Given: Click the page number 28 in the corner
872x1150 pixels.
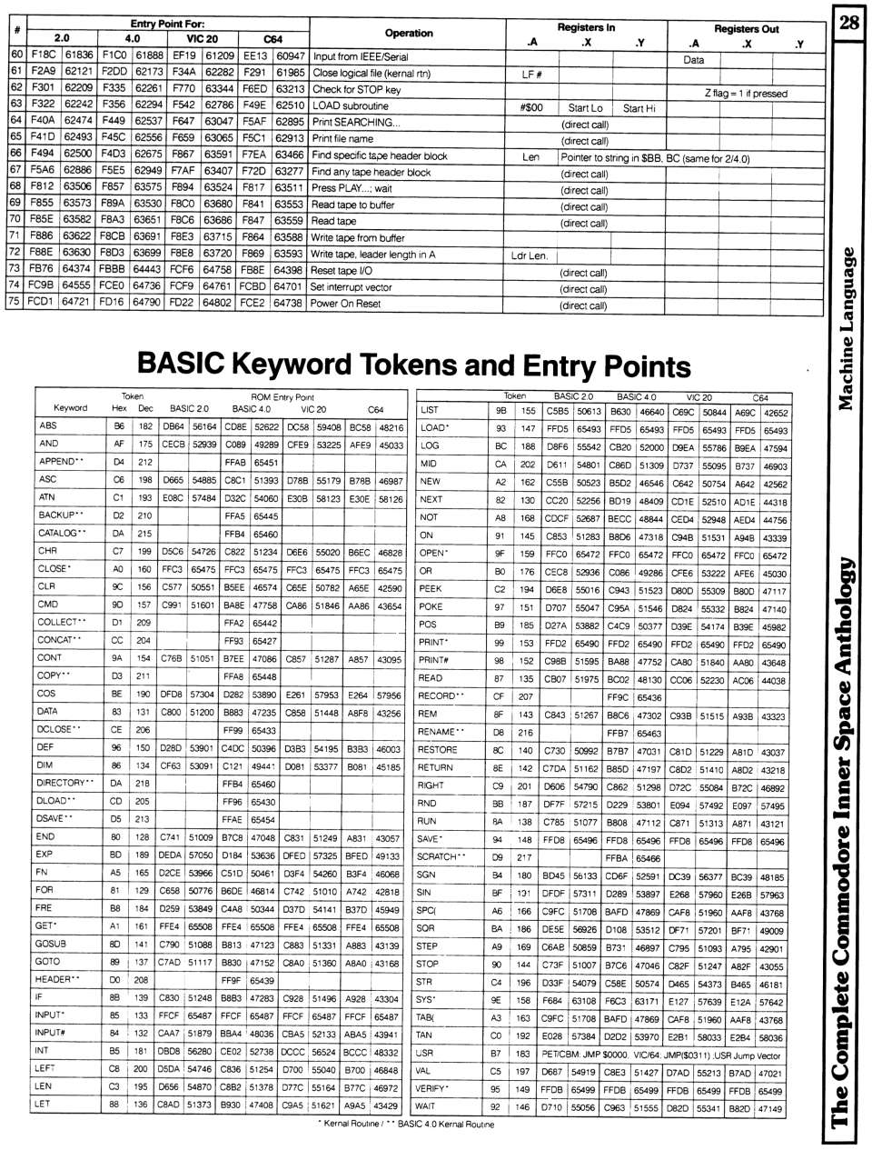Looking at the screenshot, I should point(849,22).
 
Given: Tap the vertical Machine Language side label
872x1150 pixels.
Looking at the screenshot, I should point(847,327).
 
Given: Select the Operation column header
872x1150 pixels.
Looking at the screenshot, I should point(409,33).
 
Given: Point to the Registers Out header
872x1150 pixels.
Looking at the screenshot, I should point(746,28).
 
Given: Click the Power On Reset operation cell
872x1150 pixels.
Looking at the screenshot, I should point(345,304).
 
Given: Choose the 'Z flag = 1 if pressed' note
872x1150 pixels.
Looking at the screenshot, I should point(746,93).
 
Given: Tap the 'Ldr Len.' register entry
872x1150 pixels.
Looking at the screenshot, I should point(530,255).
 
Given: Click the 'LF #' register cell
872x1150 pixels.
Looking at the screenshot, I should point(531,75).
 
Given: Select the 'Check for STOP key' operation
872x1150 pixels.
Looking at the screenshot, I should point(356,90).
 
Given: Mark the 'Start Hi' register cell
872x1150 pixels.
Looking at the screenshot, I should point(639,108).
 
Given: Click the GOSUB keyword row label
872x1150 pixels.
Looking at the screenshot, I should point(50,944).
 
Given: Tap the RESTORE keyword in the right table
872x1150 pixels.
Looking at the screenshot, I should point(437,750).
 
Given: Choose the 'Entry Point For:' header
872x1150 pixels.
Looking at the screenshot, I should point(167,24).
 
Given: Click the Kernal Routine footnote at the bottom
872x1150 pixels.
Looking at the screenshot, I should point(406,1125).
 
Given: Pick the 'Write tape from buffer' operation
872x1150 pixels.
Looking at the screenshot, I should point(358,238).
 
